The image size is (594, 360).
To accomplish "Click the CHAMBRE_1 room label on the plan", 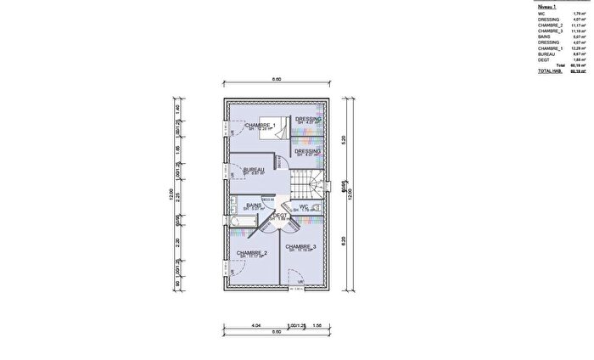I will tap(261, 125).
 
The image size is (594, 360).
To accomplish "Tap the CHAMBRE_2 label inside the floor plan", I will tap(252, 252).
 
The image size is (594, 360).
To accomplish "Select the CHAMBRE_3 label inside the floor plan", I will tap(300, 246).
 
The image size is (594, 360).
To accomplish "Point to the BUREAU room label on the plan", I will tap(254, 170).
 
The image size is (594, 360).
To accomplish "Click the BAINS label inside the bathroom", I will tap(253, 205).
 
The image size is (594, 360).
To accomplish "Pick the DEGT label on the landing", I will tap(278, 216).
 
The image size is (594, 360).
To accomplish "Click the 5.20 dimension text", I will tap(342, 141).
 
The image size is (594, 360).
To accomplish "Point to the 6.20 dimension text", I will tap(342, 240).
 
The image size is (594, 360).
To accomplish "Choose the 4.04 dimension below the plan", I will tap(257, 326).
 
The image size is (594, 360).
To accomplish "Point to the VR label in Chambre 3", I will tap(300, 281).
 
